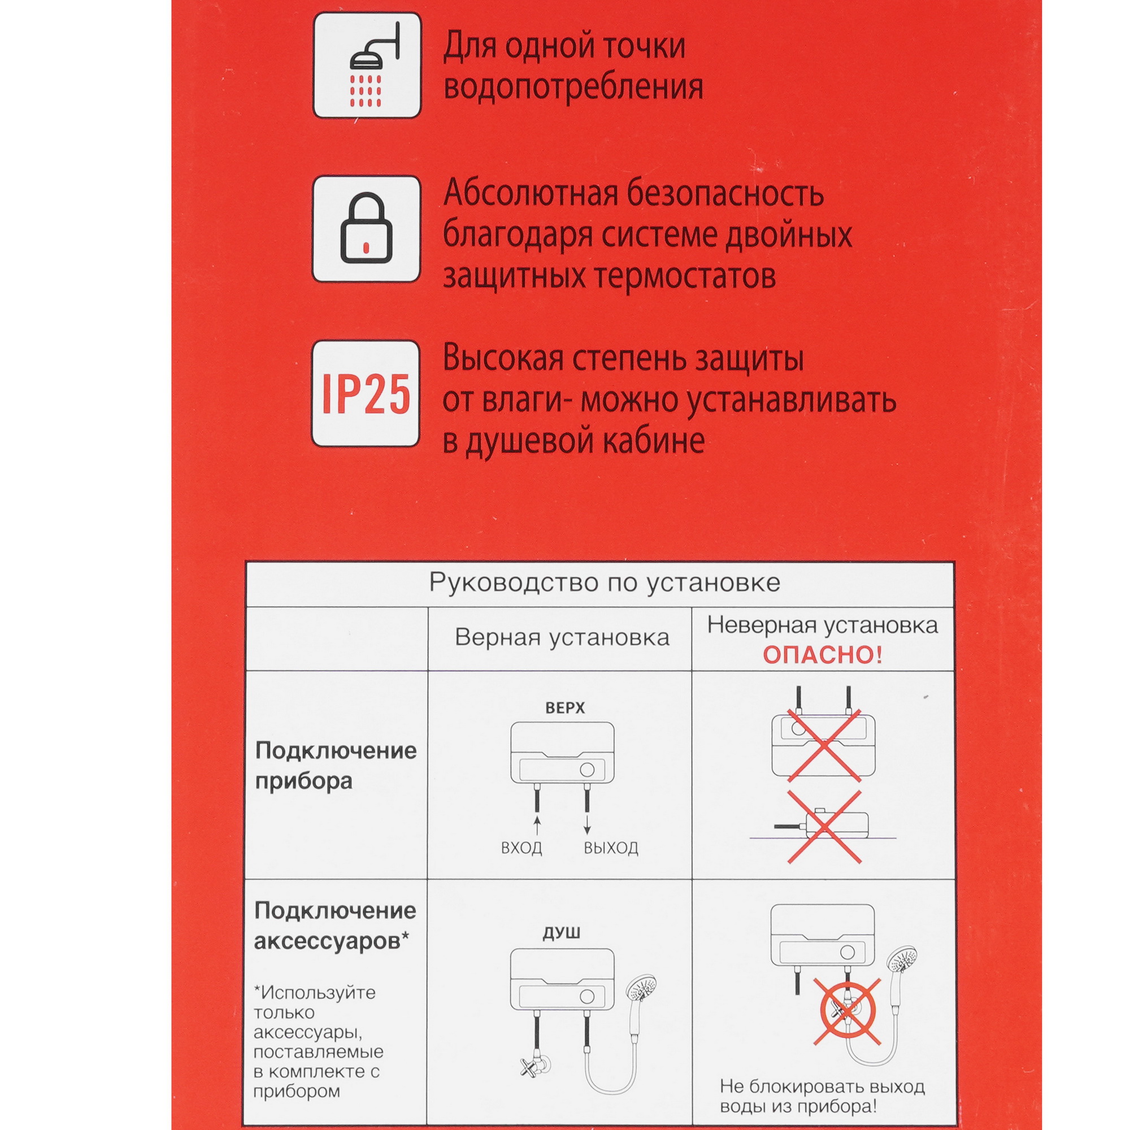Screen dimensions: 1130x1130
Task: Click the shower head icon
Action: point(367,65)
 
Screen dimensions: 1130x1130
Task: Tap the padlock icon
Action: point(366,229)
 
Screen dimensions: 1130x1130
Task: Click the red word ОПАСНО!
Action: point(822,655)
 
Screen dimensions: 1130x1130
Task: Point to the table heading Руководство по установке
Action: point(604,583)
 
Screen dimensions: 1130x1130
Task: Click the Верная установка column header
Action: point(562,637)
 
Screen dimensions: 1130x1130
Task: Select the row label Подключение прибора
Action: point(336,766)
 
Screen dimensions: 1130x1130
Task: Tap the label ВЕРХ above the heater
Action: point(564,708)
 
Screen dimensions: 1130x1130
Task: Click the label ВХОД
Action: point(521,847)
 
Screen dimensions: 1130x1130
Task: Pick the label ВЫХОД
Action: point(611,847)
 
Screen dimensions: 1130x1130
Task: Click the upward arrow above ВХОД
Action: point(537,826)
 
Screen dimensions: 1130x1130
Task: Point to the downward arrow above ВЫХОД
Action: point(587,826)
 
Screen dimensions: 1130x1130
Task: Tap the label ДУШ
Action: point(561,932)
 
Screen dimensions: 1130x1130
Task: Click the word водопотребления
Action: point(573,88)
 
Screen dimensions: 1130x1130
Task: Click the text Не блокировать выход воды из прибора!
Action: point(822,1097)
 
